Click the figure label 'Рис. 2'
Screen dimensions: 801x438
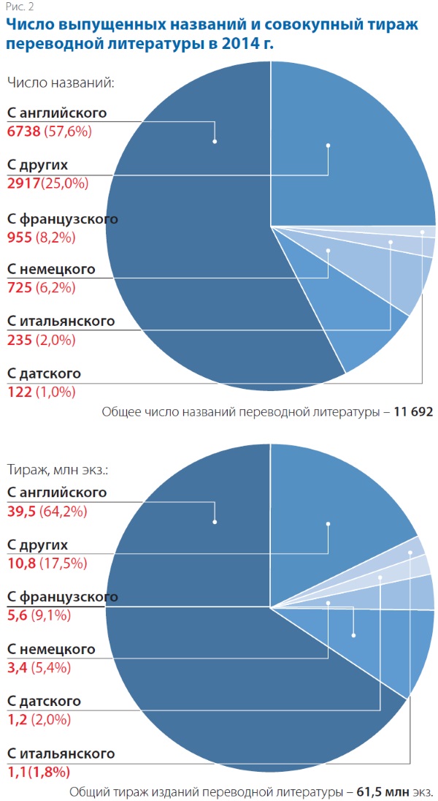(x=19, y=7)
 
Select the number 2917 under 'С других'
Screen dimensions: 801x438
(x=23, y=182)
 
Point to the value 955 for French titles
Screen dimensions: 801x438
(x=19, y=237)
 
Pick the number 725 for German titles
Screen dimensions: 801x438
(x=19, y=288)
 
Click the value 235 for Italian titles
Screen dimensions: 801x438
(x=19, y=339)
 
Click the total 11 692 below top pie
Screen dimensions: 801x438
(x=414, y=412)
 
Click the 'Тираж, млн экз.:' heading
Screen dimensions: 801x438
(x=62, y=470)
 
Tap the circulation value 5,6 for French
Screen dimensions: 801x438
(x=17, y=615)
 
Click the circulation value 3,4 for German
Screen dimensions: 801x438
(x=17, y=667)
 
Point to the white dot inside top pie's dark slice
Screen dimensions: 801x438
(x=215, y=142)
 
